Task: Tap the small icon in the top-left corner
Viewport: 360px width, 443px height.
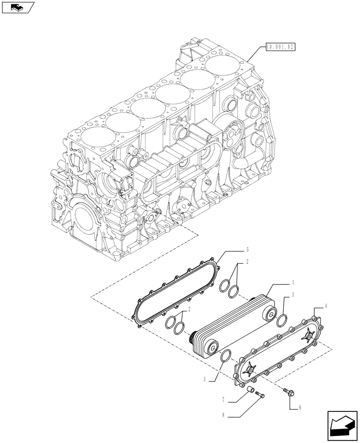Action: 18,8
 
